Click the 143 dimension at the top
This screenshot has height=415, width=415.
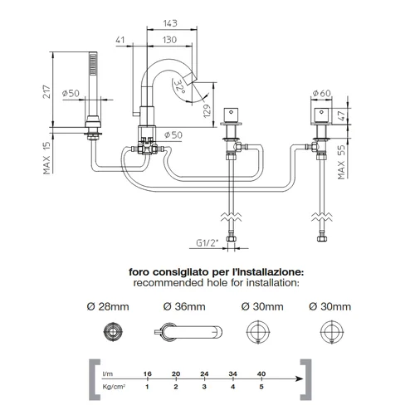coord(170,23)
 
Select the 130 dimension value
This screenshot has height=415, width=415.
coord(169,40)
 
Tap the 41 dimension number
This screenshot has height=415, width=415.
coord(120,40)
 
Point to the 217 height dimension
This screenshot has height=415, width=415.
coord(46,91)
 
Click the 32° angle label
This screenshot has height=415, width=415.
coord(180,86)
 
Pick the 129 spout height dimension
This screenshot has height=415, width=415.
coord(207,111)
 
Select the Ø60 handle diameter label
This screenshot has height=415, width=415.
coord(321,93)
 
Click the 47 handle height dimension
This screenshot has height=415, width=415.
coord(342,115)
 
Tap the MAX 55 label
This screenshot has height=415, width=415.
coord(342,162)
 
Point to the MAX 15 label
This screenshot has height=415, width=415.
coord(46,158)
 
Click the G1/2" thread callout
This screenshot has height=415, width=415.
coord(207,242)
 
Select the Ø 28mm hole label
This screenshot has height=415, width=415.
coord(108,306)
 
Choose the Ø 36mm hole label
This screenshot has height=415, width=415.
coord(184,306)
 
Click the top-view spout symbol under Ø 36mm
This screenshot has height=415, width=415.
coord(188,331)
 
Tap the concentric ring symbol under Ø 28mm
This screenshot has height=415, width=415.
coord(113,331)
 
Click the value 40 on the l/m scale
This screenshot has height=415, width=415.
coord(261,373)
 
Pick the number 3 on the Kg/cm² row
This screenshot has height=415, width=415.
coord(204,387)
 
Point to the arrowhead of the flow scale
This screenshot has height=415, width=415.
coord(300,378)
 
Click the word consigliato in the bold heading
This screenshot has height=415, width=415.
coord(181,272)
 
